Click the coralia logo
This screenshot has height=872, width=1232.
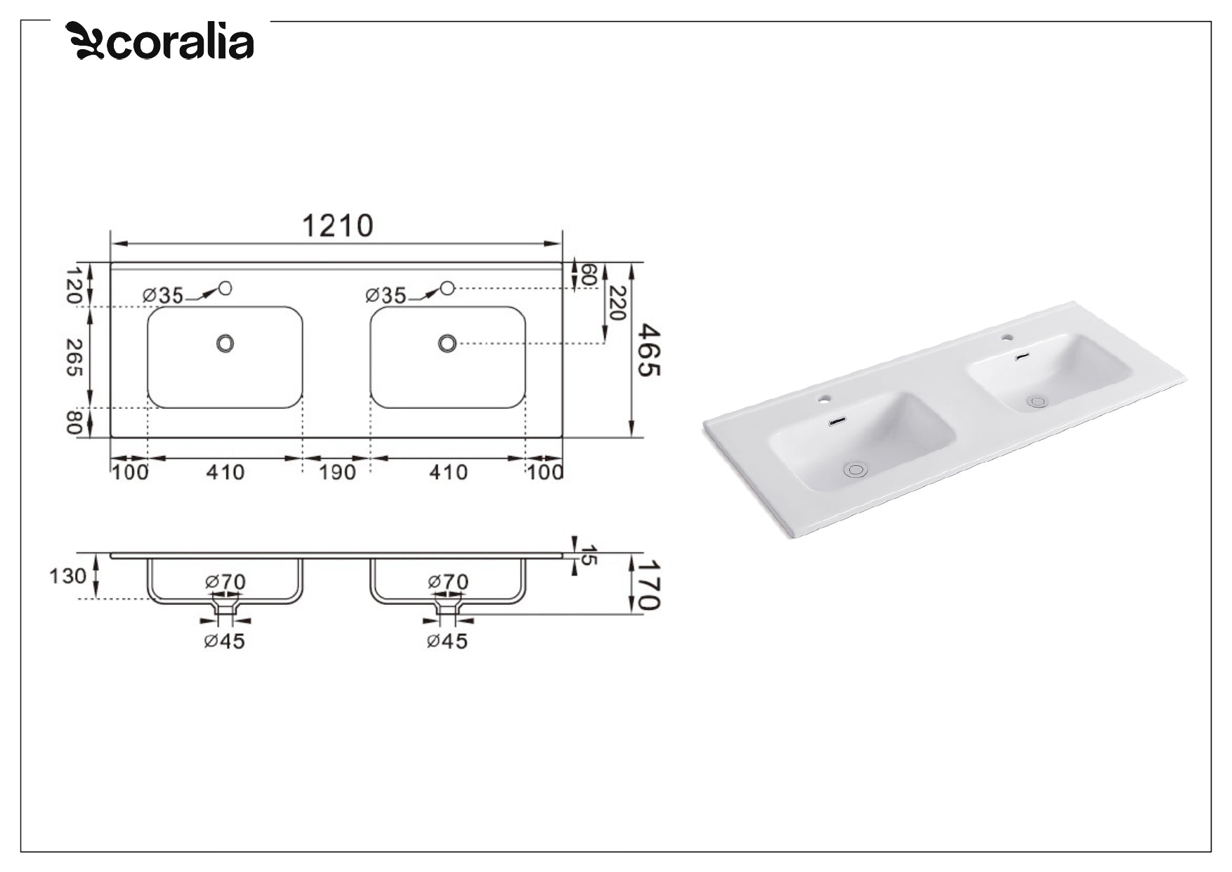160,41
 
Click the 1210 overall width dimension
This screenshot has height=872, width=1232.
337,226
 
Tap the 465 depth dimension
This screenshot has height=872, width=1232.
648,350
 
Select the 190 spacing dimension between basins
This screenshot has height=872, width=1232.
337,472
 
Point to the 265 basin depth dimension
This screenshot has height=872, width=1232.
74,357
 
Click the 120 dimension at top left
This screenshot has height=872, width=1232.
73,285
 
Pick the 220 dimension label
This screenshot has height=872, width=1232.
617,303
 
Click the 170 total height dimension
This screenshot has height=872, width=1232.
648,585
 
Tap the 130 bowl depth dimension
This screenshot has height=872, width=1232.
67,576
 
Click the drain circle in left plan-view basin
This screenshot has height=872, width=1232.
225,344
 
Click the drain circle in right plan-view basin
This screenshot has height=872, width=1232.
447,344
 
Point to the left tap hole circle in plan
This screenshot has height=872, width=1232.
225,287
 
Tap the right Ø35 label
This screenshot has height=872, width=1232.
386,296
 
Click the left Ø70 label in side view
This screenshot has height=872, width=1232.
225,582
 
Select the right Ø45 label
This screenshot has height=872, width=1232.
447,641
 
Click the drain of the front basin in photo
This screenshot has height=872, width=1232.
856,469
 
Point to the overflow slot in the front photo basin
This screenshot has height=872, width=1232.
837,422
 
